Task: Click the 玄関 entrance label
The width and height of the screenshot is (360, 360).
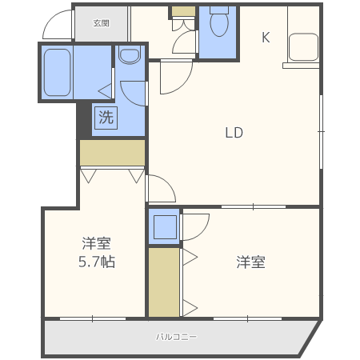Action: coord(101,22)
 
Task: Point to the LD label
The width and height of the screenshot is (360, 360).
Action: coord(233,133)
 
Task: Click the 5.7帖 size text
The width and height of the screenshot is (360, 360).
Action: coord(97,262)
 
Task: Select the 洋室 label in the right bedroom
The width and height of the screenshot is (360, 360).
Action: coord(250,262)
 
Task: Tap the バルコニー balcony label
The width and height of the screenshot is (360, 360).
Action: coord(176,337)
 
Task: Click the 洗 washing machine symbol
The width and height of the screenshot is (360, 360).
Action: coord(106,118)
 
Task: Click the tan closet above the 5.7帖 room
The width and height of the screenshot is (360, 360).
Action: coord(112,151)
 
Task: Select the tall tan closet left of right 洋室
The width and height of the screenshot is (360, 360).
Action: coord(164,282)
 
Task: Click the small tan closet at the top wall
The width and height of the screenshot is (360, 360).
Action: coord(183,11)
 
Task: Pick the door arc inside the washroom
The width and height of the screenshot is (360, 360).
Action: coord(134,93)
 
